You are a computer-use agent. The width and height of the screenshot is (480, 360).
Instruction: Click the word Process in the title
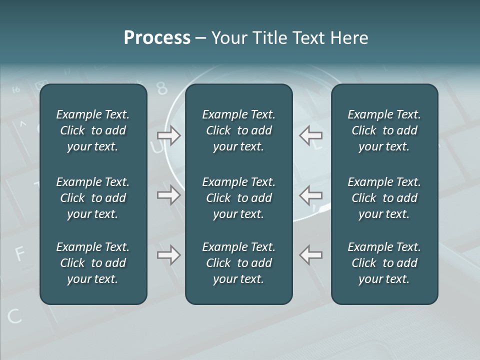tap(157, 38)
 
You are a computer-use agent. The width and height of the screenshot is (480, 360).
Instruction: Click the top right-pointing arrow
tap(168, 135)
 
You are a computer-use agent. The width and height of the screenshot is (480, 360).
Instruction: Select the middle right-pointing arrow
tap(168, 195)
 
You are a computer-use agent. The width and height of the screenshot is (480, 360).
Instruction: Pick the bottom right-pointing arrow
tap(168, 255)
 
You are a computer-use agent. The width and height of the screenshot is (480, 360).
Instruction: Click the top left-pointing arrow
tap(311, 135)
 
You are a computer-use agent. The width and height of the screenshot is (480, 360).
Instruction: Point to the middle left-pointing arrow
tap(311, 195)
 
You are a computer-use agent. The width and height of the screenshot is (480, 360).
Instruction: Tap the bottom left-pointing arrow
tap(311, 255)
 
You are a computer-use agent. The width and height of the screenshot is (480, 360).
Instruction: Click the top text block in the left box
tap(93, 130)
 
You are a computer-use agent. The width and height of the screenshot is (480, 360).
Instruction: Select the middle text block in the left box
tap(93, 198)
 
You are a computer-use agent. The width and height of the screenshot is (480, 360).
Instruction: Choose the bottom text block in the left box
tap(93, 263)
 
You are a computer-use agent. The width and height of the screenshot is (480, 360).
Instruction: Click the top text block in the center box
tap(238, 130)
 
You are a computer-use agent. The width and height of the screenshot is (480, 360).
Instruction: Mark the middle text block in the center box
tap(238, 198)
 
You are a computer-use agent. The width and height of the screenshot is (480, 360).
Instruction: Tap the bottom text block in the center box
tap(238, 263)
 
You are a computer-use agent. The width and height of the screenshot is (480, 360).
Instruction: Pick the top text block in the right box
tap(384, 130)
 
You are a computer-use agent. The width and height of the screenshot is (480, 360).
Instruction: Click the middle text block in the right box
tap(384, 198)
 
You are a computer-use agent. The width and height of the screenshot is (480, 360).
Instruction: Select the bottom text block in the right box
tap(384, 263)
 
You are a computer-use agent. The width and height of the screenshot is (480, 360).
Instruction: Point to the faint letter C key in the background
tap(14, 315)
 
